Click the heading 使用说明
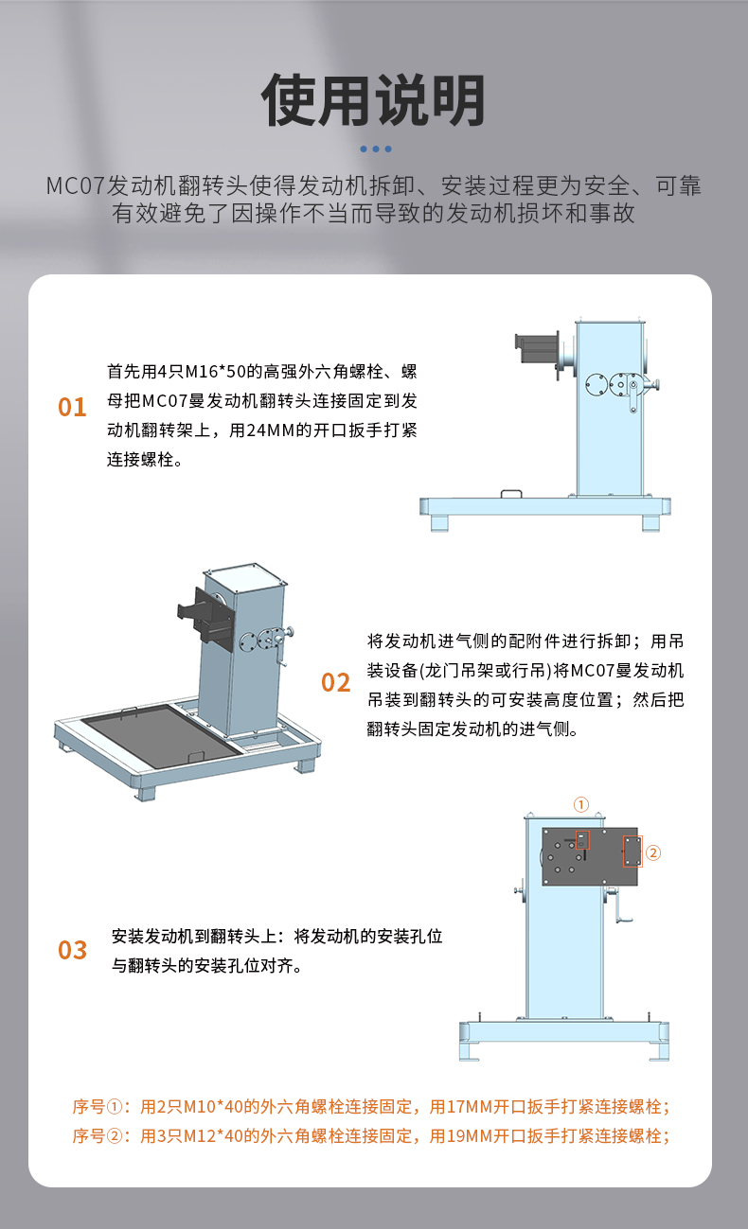pyautogui.click(x=373, y=100)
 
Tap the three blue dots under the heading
pyautogui.click(x=376, y=149)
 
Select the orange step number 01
pyautogui.click(x=72, y=407)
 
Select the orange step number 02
pyautogui.click(x=335, y=682)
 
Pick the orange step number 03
pyautogui.click(x=73, y=950)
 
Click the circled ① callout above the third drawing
pyautogui.click(x=581, y=804)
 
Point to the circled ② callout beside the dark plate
pyautogui.click(x=653, y=852)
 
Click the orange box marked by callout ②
pyautogui.click(x=632, y=852)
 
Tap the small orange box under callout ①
pyautogui.click(x=582, y=840)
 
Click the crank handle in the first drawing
pyautogui.click(x=633, y=396)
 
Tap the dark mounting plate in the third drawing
pyautogui.click(x=589, y=856)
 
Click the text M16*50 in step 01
pyautogui.click(x=215, y=372)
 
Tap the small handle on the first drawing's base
pyautogui.click(x=511, y=494)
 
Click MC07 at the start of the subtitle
pyautogui.click(x=75, y=186)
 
